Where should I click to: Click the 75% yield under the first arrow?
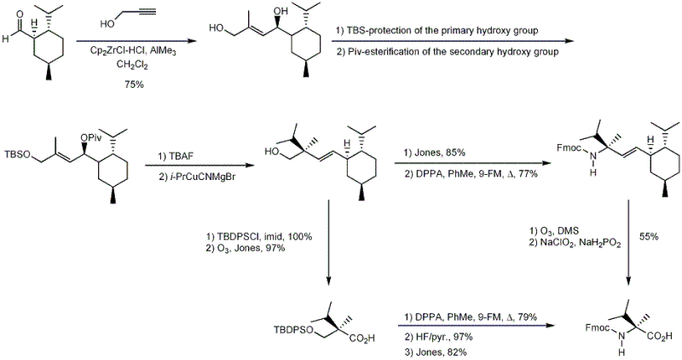click(131, 84)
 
